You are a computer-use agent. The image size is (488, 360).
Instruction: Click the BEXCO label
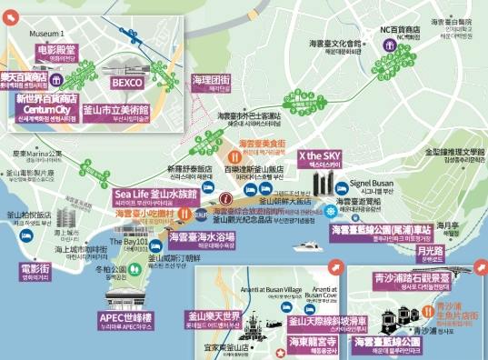(x=128, y=82)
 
